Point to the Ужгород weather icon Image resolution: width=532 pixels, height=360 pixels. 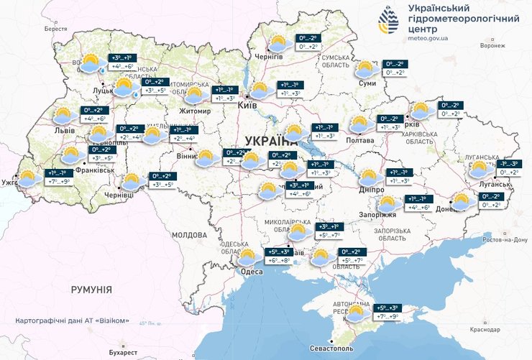click(29, 178)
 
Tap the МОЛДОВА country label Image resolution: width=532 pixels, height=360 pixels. click(189, 235)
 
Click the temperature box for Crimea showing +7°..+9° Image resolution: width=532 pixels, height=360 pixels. click(386, 316)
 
